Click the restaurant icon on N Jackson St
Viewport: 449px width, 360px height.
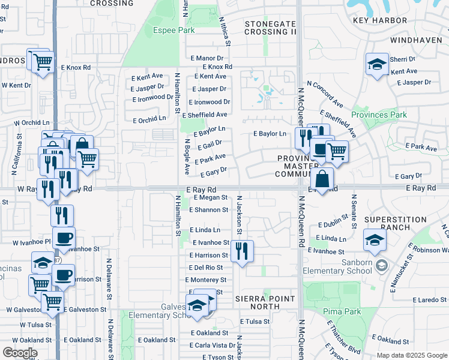(x=242, y=251)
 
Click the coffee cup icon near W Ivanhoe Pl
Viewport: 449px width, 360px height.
(x=64, y=238)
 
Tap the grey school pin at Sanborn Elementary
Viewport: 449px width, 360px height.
(x=380, y=265)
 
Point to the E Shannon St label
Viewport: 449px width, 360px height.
(x=208, y=210)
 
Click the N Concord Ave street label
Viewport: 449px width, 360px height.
(x=325, y=94)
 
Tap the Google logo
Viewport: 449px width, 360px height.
(x=20, y=353)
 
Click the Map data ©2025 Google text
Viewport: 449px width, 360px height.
(x=411, y=355)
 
